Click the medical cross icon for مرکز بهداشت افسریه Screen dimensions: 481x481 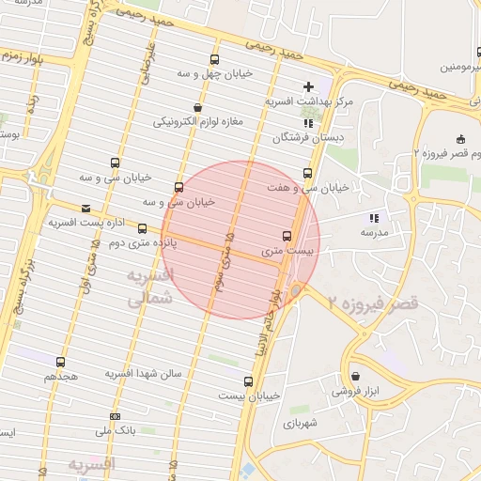[x=308, y=86]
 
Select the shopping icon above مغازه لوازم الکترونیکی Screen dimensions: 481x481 [x=196, y=107]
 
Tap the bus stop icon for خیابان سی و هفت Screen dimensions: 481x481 [x=307, y=173]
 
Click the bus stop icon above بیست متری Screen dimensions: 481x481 [x=287, y=236]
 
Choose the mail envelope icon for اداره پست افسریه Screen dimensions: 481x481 [x=86, y=208]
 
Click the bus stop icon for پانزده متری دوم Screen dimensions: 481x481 [x=142, y=228]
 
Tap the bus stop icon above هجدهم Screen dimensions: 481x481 [x=61, y=362]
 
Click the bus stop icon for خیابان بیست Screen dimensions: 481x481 [x=248, y=381]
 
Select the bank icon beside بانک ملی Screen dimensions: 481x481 [x=115, y=416]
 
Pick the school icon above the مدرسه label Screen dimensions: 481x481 [x=374, y=217]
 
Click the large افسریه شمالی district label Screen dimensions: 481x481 [x=150, y=287]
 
